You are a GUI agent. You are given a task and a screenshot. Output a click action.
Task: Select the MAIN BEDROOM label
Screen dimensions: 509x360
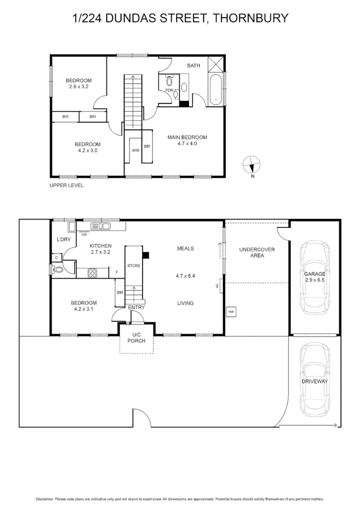point(187,137)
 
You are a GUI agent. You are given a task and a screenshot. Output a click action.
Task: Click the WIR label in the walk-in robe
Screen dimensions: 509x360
point(135,150)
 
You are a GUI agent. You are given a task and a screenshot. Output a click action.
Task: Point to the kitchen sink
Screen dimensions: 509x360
point(100,226)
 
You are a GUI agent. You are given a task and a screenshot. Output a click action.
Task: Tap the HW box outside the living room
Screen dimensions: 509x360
point(231,312)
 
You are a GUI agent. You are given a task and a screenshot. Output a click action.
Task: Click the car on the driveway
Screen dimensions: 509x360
point(315,380)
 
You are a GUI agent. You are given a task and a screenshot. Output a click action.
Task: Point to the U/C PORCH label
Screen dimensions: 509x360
point(136,338)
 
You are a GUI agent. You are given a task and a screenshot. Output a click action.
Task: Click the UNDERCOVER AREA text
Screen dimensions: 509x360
point(257,252)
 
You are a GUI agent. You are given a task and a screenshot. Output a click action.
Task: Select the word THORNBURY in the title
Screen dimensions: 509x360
point(251,18)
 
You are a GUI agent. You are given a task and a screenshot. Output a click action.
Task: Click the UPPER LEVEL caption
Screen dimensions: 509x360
point(67,185)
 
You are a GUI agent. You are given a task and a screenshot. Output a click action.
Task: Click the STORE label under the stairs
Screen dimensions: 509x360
point(134,266)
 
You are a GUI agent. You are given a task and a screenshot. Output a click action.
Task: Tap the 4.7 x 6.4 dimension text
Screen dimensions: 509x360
point(185,276)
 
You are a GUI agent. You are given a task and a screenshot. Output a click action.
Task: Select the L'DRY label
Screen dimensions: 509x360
point(63,239)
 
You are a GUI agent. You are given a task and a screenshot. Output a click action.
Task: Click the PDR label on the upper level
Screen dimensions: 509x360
point(169,90)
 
